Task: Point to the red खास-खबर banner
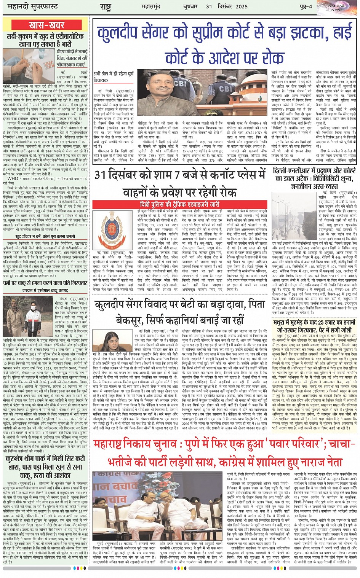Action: pos(46,25)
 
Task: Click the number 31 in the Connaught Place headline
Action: pos(101,175)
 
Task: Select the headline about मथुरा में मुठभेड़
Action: pos(315,325)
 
